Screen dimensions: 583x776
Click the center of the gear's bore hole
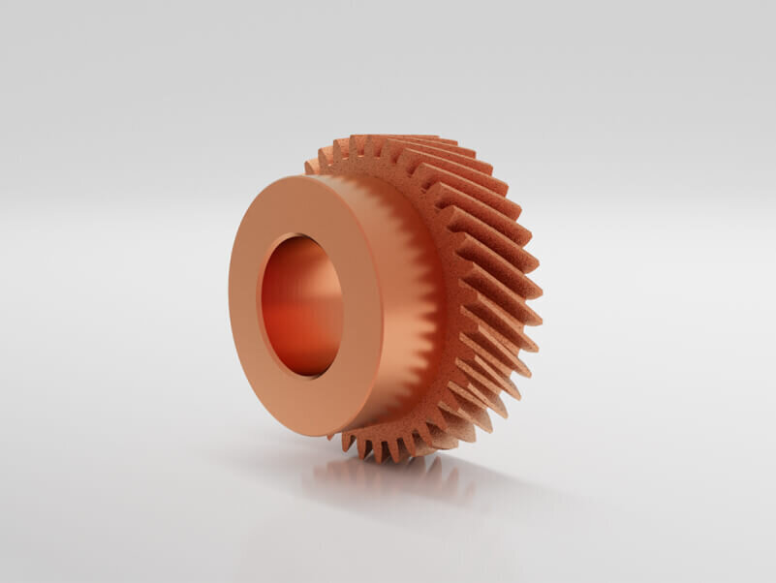point(301,305)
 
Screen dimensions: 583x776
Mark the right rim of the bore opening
point(342,305)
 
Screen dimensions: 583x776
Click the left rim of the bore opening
point(260,305)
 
